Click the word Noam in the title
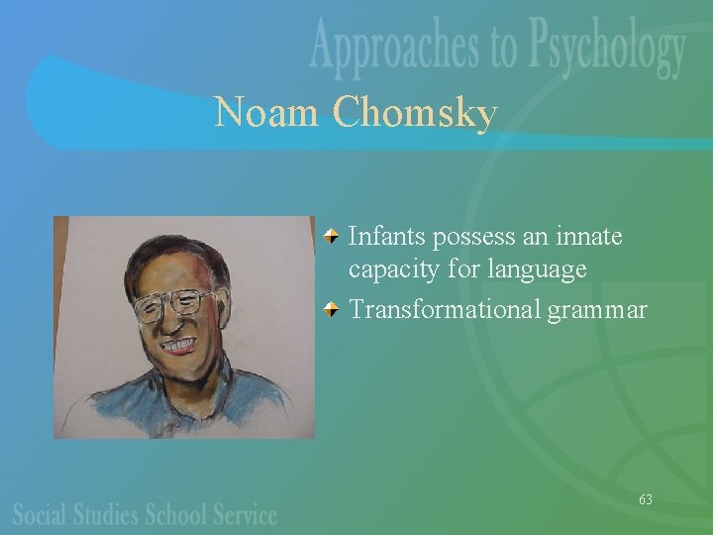(x=265, y=112)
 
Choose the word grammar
(x=597, y=311)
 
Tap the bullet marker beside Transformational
(x=336, y=309)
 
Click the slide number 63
(x=645, y=499)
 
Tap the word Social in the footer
(x=40, y=514)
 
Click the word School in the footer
(x=176, y=514)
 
